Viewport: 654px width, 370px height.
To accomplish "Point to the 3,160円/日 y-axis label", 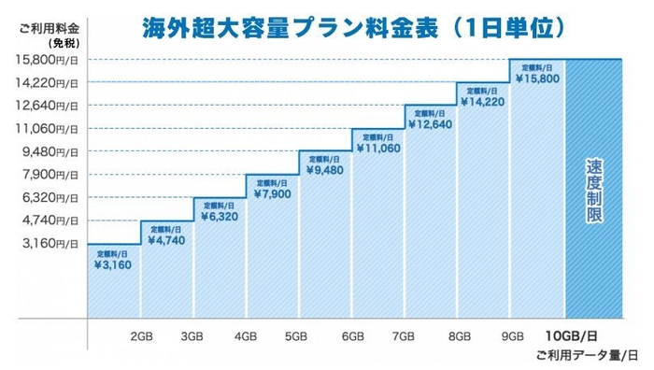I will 48,243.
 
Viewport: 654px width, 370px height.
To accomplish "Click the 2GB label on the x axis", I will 142,335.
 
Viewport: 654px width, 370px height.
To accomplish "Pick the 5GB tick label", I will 298,335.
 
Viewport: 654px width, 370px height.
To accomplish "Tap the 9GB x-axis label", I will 511,335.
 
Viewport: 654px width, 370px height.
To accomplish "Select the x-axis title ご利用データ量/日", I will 587,356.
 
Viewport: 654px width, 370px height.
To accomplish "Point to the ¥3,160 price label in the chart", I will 113,264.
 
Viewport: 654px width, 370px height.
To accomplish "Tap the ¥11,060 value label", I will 378,148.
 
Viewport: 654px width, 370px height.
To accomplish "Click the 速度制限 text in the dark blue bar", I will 593,191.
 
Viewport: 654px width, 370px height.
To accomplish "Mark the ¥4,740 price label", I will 165,239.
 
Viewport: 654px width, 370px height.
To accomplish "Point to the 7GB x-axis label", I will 405,335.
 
